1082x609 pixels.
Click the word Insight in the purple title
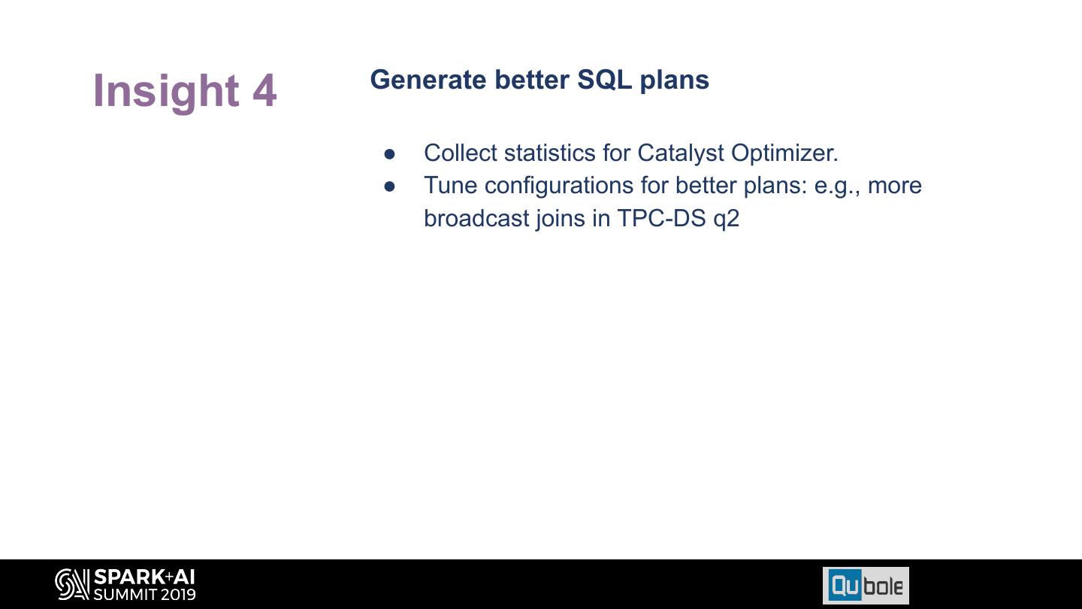(166, 92)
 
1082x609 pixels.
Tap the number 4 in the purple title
(264, 90)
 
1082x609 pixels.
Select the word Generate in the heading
(428, 80)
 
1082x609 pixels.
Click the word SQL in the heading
(604, 80)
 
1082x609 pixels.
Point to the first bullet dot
(389, 154)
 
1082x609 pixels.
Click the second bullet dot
(389, 186)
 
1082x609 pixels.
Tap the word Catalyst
(681, 153)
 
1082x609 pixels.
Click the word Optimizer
(784, 153)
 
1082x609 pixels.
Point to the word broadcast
(476, 218)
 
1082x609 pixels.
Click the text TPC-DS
(662, 219)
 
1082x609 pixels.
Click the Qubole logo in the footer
(866, 586)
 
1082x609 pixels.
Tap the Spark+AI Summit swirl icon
(72, 584)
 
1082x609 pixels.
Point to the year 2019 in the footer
(179, 594)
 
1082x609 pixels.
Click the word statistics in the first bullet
(550, 153)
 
